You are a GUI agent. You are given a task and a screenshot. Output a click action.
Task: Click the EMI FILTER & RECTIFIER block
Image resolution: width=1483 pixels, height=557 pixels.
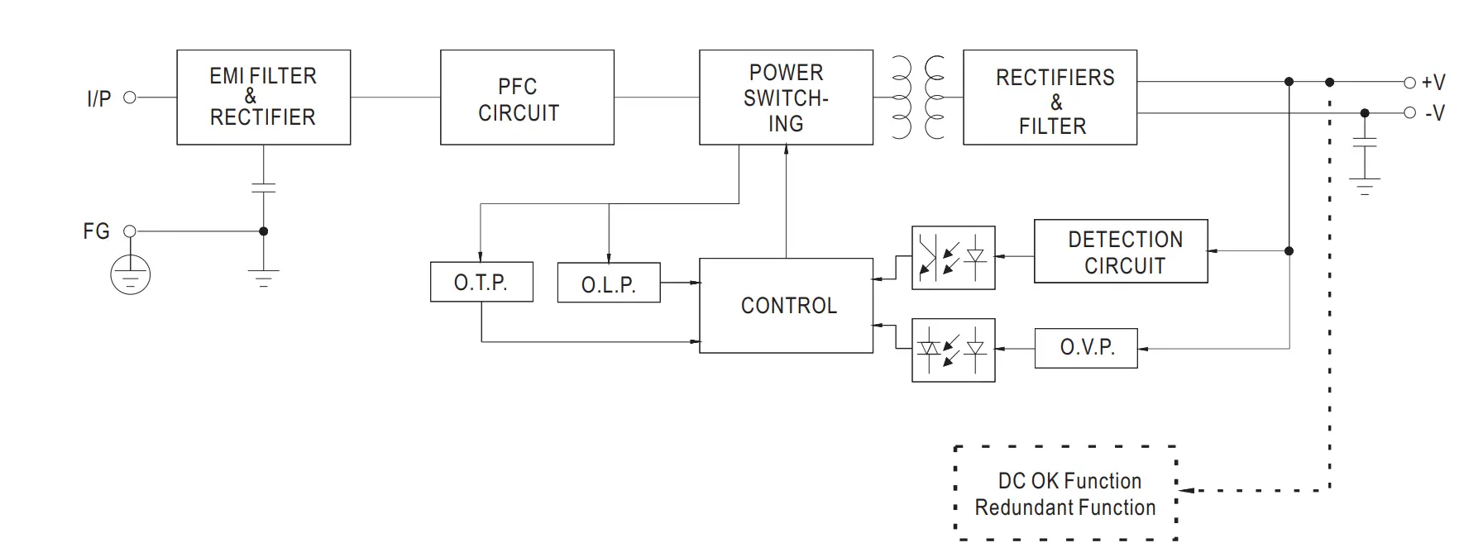[263, 98]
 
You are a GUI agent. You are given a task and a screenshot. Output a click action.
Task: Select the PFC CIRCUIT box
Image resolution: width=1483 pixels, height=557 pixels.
[527, 98]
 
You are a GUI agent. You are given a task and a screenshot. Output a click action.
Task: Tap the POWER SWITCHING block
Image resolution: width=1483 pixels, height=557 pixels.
[786, 98]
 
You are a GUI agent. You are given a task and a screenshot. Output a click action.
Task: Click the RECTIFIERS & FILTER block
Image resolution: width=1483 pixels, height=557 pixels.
[1050, 98]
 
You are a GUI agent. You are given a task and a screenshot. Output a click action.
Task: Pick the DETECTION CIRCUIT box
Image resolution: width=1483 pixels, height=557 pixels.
[1121, 251]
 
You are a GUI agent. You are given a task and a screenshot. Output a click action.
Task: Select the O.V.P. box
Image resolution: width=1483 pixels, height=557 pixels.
[1086, 348]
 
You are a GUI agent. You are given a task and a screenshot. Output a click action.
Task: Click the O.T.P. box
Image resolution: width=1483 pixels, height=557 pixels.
[481, 282]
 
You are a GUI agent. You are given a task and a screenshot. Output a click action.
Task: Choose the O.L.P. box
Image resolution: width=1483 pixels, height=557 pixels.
[609, 283]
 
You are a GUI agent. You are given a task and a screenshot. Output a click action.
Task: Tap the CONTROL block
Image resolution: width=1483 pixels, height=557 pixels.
[786, 306]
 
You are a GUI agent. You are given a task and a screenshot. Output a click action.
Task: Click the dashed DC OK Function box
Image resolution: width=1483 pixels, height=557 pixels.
[1066, 493]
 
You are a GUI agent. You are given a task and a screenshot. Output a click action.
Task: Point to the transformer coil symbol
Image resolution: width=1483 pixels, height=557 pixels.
[918, 98]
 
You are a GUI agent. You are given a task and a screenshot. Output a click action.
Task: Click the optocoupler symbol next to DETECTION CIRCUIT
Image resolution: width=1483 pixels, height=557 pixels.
[953, 258]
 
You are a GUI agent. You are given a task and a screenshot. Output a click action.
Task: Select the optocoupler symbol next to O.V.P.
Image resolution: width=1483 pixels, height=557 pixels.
[953, 350]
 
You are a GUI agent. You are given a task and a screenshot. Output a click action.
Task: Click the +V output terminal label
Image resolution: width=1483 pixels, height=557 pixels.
[1433, 83]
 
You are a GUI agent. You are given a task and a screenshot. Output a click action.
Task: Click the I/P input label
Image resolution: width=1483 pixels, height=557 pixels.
[98, 99]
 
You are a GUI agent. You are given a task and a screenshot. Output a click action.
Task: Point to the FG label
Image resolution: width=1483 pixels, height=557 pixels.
[96, 231]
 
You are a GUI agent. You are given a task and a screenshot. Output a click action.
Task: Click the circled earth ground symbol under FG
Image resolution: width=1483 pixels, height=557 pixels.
[130, 274]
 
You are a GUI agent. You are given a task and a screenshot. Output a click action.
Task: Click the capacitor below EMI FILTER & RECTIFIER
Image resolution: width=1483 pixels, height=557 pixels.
[263, 188]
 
